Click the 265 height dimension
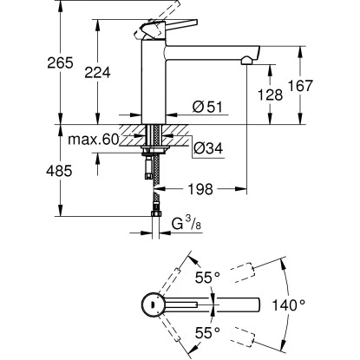tap(61, 62)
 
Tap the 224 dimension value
tap(97, 72)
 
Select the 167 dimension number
tap(301, 85)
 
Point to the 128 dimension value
tap(271, 95)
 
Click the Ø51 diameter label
tap(207, 107)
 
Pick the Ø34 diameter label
tap(208, 148)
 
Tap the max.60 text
tap(94, 140)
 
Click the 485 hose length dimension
tap(59, 171)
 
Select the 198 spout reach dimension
tap(200, 189)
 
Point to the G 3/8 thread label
tap(187, 224)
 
